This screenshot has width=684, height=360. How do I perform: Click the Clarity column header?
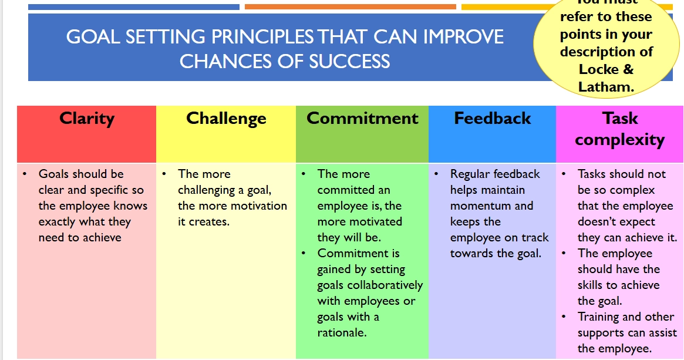(x=86, y=118)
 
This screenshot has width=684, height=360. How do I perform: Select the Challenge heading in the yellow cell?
(x=226, y=118)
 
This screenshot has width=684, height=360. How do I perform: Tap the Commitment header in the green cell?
(x=362, y=118)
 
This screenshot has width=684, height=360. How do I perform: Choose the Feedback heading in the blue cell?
(x=492, y=118)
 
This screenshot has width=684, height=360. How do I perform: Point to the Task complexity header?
(x=619, y=129)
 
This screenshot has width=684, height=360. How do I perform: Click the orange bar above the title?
(x=350, y=7)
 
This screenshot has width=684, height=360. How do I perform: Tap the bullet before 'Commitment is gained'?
(x=304, y=254)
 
